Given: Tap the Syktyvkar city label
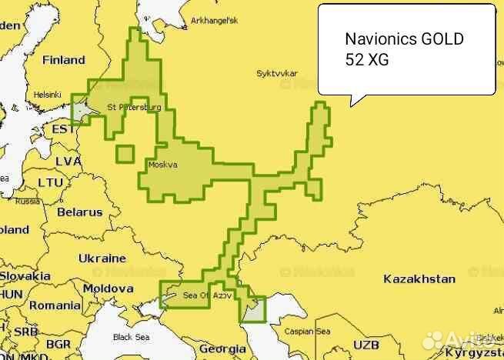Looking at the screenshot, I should coord(276,74).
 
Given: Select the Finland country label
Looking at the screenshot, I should coord(64,59).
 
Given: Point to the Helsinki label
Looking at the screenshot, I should coord(47,95).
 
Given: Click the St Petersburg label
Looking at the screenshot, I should coord(135,108).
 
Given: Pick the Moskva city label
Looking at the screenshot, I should coord(162,165).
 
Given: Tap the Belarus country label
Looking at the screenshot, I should coord(79,212).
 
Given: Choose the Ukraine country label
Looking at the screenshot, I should coord(102,258).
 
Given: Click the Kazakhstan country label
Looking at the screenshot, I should coord(419,278).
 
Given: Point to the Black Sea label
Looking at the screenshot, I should coord(132,337).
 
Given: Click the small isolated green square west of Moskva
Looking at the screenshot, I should coord(125,154).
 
